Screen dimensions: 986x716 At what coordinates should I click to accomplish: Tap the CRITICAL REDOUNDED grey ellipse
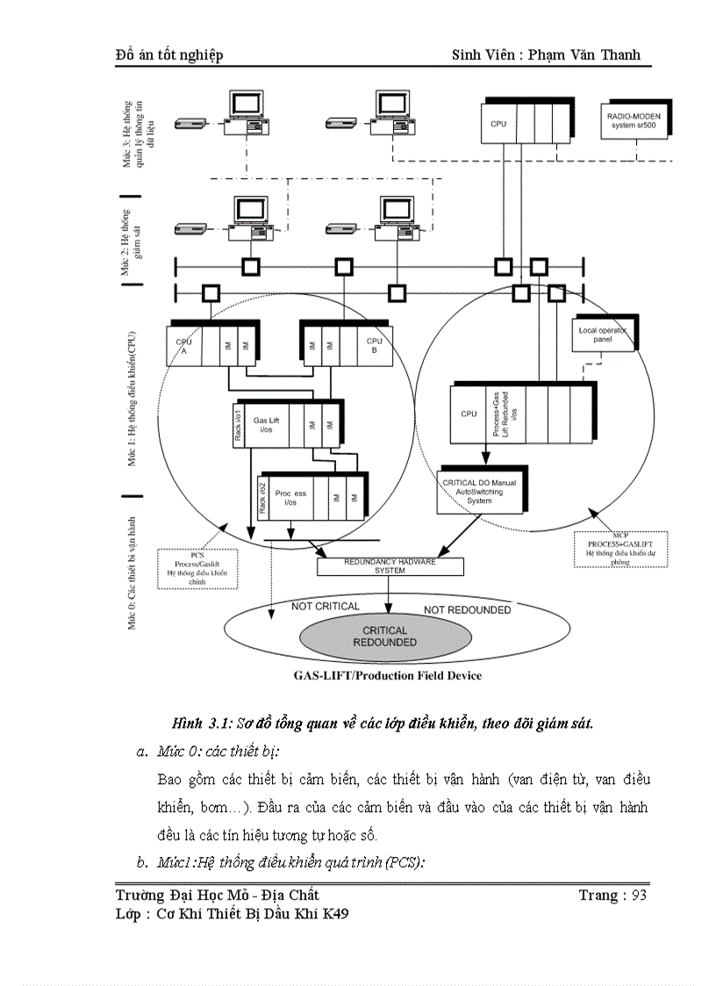coord(385,636)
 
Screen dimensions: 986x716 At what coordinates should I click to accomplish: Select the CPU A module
coord(183,346)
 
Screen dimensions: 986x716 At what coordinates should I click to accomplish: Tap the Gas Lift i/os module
coord(268,425)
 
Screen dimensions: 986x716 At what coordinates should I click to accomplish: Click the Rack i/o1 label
coord(238,425)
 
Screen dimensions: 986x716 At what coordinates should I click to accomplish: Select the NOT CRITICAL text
coord(326,606)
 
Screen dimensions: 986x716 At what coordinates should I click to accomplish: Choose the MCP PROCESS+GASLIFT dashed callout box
coord(619,550)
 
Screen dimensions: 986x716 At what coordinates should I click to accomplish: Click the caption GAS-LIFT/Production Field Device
coord(387,675)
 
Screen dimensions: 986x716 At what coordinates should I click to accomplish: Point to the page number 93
coord(638,895)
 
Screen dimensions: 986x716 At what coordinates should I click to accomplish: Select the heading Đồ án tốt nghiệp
coord(169,54)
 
